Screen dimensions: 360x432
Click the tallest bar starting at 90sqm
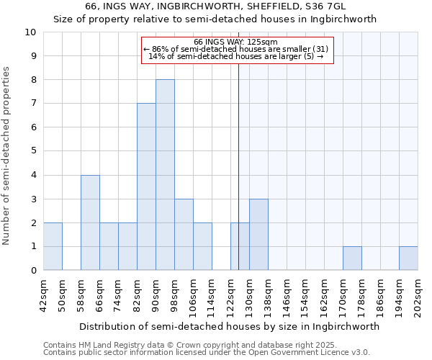pyautogui.click(x=165, y=175)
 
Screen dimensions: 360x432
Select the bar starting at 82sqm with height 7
pyautogui.click(x=146, y=186)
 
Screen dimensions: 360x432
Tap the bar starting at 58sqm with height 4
pyautogui.click(x=90, y=222)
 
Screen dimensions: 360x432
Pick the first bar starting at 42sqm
pyautogui.click(x=53, y=246)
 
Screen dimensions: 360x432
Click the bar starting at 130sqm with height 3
pyautogui.click(x=258, y=235)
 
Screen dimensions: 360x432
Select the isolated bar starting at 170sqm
pyautogui.click(x=352, y=258)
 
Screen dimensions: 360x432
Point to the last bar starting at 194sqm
pyautogui.click(x=408, y=258)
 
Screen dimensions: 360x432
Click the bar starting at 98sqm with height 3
pyautogui.click(x=184, y=235)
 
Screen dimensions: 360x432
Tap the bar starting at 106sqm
pyautogui.click(x=202, y=246)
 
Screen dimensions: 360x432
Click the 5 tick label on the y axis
pyautogui.click(x=33, y=151)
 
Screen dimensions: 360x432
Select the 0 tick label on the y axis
pyautogui.click(x=33, y=271)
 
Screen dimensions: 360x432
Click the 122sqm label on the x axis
pyautogui.click(x=231, y=295)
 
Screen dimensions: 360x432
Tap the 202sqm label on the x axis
pyautogui.click(x=418, y=295)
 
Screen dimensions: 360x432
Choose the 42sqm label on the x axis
pyautogui.click(x=44, y=295)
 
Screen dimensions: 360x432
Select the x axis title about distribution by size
pyautogui.click(x=229, y=326)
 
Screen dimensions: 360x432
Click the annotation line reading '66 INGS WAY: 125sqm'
pyautogui.click(x=238, y=42)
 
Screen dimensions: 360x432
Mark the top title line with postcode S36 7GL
pyautogui.click(x=215, y=6)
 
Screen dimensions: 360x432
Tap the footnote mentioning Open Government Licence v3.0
pyautogui.click(x=207, y=352)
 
